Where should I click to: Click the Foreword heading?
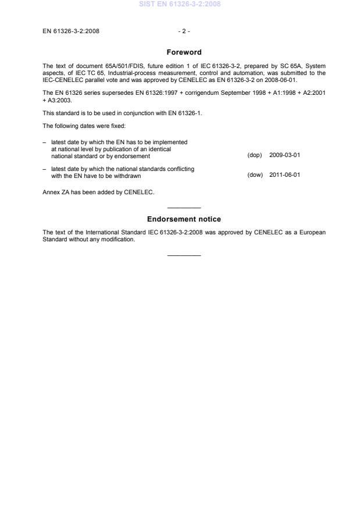pyautogui.click(x=184, y=52)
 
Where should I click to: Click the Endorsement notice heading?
pyautogui.click(x=184, y=219)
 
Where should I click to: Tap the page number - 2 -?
pyautogui.click(x=184, y=31)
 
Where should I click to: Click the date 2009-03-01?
pyautogui.click(x=284, y=156)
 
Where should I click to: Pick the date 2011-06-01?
pyautogui.click(x=284, y=174)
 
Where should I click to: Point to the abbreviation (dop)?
pyautogui.click(x=255, y=156)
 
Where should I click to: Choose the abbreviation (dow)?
pyautogui.click(x=255, y=174)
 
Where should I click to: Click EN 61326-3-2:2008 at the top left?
pyautogui.click(x=71, y=31)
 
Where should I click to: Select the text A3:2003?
pyautogui.click(x=58, y=100)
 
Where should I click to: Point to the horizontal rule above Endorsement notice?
pyautogui.click(x=184, y=208)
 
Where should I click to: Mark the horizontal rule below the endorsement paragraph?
pyautogui.click(x=184, y=255)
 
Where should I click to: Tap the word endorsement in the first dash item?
pyautogui.click(x=135, y=156)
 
